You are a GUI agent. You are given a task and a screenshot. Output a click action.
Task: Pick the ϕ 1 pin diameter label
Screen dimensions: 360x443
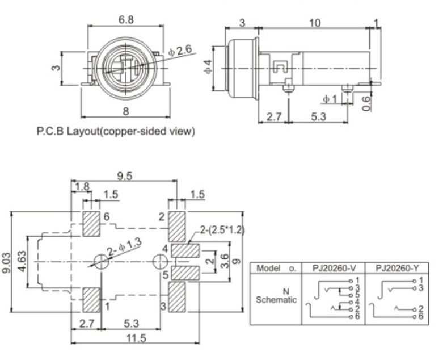point(330,99)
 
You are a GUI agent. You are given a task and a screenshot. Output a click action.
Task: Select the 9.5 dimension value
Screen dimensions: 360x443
point(124,176)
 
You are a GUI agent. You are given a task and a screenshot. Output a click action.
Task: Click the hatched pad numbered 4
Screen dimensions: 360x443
point(185,250)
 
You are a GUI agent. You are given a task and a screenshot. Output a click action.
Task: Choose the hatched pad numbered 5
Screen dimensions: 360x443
point(185,273)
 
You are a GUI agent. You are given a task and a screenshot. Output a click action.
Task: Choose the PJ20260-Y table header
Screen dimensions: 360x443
point(397,267)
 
